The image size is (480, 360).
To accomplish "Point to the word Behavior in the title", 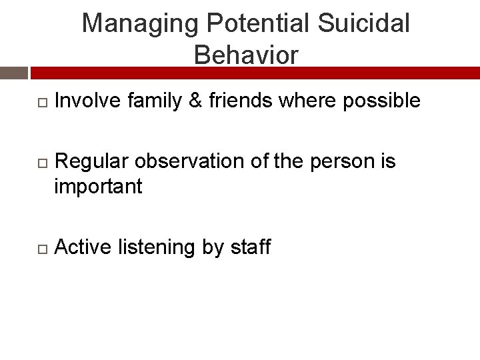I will (246, 55).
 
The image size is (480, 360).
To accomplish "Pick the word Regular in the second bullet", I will (93, 161).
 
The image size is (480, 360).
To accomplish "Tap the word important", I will (98, 187).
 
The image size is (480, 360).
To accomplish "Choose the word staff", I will (250, 247).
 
